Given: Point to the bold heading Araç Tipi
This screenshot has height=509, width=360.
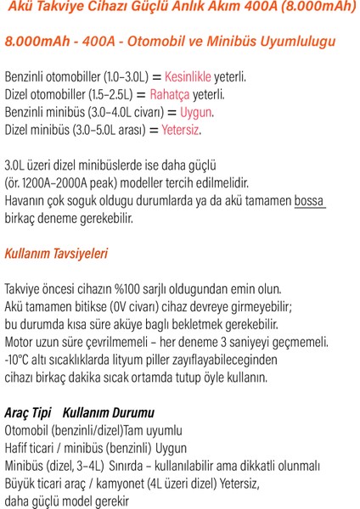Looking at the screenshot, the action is coord(28,412).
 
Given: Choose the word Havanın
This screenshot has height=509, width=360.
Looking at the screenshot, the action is coord(28,201).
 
